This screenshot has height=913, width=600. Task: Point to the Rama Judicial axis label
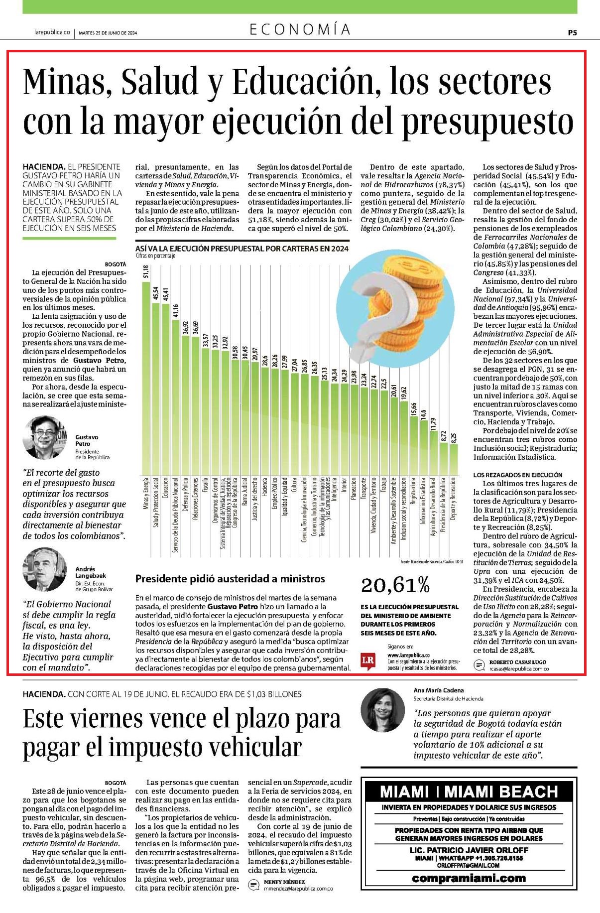point(245,493)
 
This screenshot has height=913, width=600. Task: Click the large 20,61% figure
point(395,586)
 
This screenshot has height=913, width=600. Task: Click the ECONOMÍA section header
point(300,30)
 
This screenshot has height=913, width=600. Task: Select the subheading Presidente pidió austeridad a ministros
point(230,579)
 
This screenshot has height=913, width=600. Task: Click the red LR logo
point(368,660)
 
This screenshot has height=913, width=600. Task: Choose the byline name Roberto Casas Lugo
point(518,662)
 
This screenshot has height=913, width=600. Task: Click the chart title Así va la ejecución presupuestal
point(242,249)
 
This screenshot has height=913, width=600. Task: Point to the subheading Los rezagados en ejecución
point(511,475)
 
